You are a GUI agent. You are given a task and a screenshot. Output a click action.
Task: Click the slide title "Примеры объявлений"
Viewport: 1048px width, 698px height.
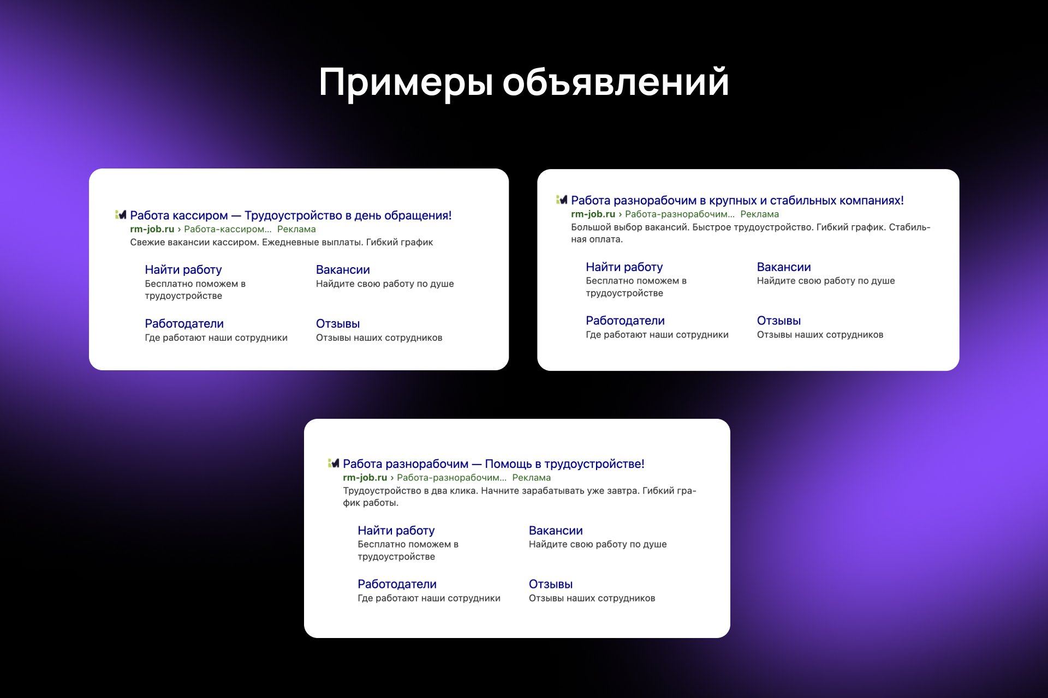(x=524, y=83)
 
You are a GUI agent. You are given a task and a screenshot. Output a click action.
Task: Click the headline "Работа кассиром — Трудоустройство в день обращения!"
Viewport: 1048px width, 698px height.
(x=291, y=215)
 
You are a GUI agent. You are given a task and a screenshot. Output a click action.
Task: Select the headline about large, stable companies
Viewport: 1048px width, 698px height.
(x=737, y=201)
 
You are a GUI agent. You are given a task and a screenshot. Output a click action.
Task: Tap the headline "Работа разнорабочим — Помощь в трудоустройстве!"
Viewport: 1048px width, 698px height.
(x=493, y=464)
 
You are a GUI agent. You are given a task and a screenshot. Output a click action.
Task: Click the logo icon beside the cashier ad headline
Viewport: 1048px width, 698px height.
(x=121, y=215)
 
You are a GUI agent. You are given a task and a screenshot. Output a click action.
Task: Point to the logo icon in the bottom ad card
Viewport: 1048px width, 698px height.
(x=334, y=464)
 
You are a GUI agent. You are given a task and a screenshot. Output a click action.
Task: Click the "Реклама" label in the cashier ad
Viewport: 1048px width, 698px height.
(x=296, y=229)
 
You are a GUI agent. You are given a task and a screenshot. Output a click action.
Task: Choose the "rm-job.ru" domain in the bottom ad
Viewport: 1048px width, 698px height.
(x=365, y=478)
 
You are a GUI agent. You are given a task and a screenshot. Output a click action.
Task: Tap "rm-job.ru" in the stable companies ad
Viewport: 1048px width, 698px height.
(x=593, y=214)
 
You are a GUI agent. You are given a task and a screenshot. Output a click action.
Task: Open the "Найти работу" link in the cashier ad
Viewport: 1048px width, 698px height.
(x=183, y=270)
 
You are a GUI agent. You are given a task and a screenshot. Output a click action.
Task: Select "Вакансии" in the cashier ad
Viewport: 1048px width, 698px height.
(x=343, y=270)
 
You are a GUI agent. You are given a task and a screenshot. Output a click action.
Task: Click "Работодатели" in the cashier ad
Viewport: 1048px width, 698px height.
(x=184, y=324)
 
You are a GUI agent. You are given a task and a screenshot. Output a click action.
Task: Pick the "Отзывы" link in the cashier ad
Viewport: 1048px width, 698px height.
(x=338, y=324)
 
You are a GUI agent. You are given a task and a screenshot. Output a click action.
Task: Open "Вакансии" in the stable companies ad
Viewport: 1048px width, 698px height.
(x=784, y=267)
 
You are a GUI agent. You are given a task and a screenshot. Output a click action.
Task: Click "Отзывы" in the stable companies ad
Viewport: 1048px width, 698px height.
(x=779, y=321)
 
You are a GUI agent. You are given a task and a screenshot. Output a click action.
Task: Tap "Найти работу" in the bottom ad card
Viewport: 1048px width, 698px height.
(x=396, y=531)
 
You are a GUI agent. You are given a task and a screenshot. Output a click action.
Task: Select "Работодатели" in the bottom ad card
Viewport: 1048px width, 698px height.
(x=397, y=585)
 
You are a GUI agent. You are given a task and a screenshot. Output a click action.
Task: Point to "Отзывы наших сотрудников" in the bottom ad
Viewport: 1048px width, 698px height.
(x=592, y=598)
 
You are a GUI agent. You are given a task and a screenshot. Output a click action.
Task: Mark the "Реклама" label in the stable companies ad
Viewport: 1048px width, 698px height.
(x=760, y=214)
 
